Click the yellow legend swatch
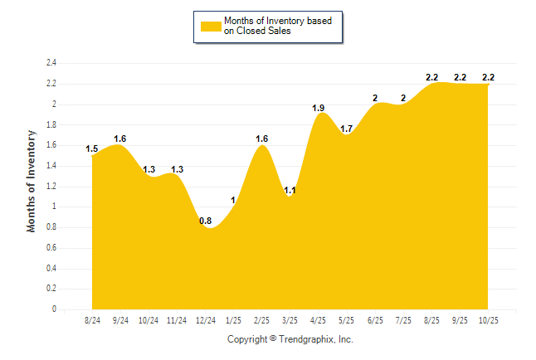(x=210, y=26)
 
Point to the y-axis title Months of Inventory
(x=32, y=180)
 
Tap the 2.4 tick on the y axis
(x=51, y=63)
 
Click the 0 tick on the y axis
(x=54, y=309)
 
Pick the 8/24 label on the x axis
(x=92, y=319)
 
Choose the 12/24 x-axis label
(x=205, y=319)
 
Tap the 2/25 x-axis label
(x=262, y=319)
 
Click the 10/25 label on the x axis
(x=488, y=319)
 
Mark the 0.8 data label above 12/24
(x=205, y=221)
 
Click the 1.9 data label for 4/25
(x=318, y=108)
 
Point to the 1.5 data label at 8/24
(x=92, y=149)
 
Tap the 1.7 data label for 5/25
(x=347, y=129)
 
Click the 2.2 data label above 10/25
(x=488, y=77)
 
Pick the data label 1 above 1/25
(x=234, y=200)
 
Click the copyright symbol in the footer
(x=274, y=339)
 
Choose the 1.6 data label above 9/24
(x=120, y=139)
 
